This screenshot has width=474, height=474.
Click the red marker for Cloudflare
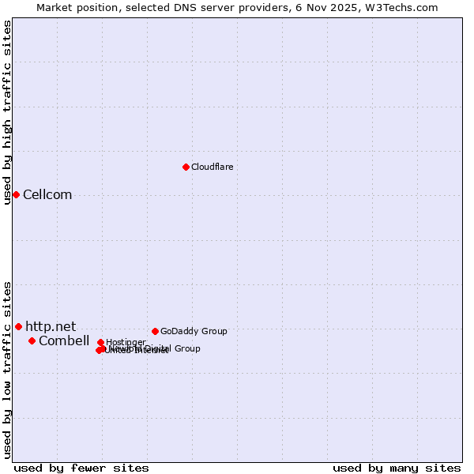click(x=186, y=167)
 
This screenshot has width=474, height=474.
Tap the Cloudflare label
click(x=212, y=167)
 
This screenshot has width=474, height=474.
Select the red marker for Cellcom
click(x=16, y=194)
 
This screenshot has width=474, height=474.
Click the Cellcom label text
click(x=47, y=195)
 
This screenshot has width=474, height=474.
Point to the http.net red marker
click(x=18, y=326)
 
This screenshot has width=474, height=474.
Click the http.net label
click(x=51, y=326)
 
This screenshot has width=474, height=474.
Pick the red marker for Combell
click(x=32, y=340)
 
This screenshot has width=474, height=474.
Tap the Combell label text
click(x=64, y=340)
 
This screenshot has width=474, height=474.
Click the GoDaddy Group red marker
click(x=155, y=331)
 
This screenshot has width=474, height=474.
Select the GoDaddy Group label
click(x=194, y=331)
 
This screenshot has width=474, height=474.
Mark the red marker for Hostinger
click(x=100, y=342)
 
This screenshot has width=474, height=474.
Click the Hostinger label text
click(x=126, y=342)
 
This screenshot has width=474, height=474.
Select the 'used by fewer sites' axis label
click(x=81, y=468)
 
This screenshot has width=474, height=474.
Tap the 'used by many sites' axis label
click(x=397, y=468)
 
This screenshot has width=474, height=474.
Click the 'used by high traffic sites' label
click(x=8, y=112)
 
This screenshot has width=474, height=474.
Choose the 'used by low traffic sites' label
click(x=8, y=370)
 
